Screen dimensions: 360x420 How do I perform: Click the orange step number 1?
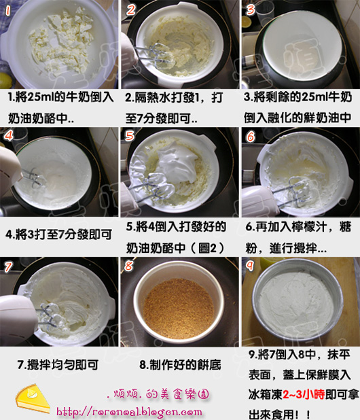7,10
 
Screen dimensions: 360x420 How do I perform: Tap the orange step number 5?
130,135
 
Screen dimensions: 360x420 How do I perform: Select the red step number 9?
250,266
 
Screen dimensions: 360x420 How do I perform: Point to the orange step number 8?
129,266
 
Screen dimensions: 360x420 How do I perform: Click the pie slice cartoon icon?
33,398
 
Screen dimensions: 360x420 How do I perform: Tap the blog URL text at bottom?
129,411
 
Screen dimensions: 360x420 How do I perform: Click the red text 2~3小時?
304,394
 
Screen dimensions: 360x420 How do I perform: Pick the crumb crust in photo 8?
179,308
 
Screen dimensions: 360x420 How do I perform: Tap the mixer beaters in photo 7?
50,318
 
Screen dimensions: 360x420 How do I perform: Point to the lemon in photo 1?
5,80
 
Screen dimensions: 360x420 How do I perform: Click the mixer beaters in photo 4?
33,177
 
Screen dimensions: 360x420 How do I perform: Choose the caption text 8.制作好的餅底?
181,365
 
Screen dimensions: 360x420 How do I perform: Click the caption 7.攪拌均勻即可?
58,365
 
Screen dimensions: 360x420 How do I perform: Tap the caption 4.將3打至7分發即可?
58,234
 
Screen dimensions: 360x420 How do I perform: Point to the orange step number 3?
250,10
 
